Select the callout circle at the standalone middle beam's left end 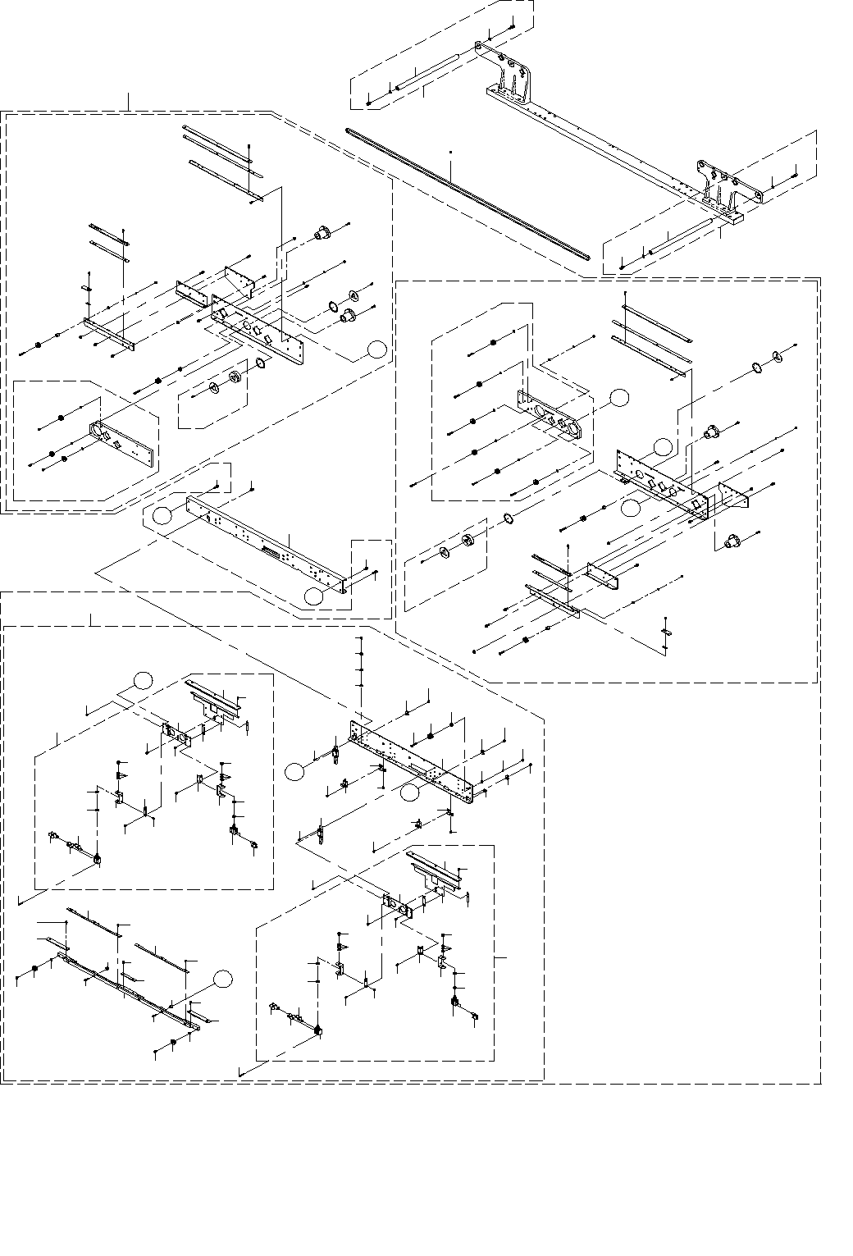click(163, 514)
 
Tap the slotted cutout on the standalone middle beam click(270, 551)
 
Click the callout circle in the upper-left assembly click(376, 349)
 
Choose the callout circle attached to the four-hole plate click(620, 398)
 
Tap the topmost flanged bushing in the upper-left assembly click(322, 234)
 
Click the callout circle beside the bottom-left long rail click(222, 978)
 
